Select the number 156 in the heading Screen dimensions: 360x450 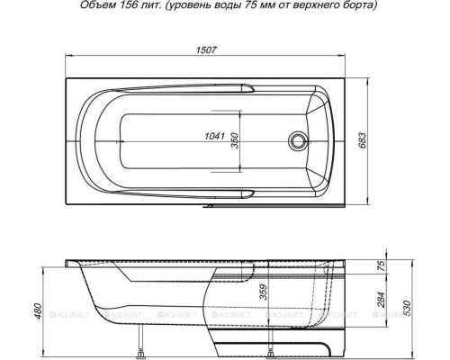coord(141,7)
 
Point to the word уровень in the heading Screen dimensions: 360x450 coord(202,7)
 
